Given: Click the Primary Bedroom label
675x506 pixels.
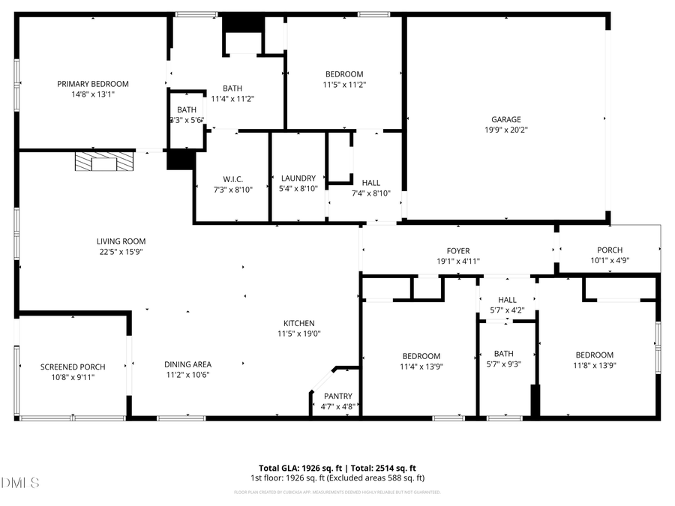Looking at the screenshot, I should [x=93, y=84].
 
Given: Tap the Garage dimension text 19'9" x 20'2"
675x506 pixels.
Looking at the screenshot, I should [x=506, y=130].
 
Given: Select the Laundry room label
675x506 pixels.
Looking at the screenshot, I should [x=298, y=178].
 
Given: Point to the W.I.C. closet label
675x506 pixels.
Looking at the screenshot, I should [x=232, y=178].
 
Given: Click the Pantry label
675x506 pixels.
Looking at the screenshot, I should [x=337, y=397].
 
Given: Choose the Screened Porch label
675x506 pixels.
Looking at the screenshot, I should [x=73, y=367].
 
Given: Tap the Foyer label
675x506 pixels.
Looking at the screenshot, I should [x=457, y=250].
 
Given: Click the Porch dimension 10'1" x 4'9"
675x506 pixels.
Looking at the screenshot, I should [x=609, y=261].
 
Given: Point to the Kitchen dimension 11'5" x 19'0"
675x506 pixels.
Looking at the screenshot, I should [x=298, y=334].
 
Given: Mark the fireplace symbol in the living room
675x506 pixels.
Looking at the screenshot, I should [x=105, y=161].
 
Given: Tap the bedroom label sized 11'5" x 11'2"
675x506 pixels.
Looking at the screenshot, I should [x=344, y=74].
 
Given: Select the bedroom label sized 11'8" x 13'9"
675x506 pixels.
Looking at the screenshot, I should [x=594, y=355].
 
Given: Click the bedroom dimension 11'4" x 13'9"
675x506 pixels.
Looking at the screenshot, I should [x=421, y=367].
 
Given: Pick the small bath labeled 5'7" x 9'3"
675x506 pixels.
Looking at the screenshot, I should [x=503, y=354].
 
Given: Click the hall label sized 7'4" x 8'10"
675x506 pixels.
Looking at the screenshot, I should [x=370, y=182].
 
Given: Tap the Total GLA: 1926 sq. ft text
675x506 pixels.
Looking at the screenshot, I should [x=293, y=467].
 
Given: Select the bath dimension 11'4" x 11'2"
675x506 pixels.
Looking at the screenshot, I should [x=232, y=98].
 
